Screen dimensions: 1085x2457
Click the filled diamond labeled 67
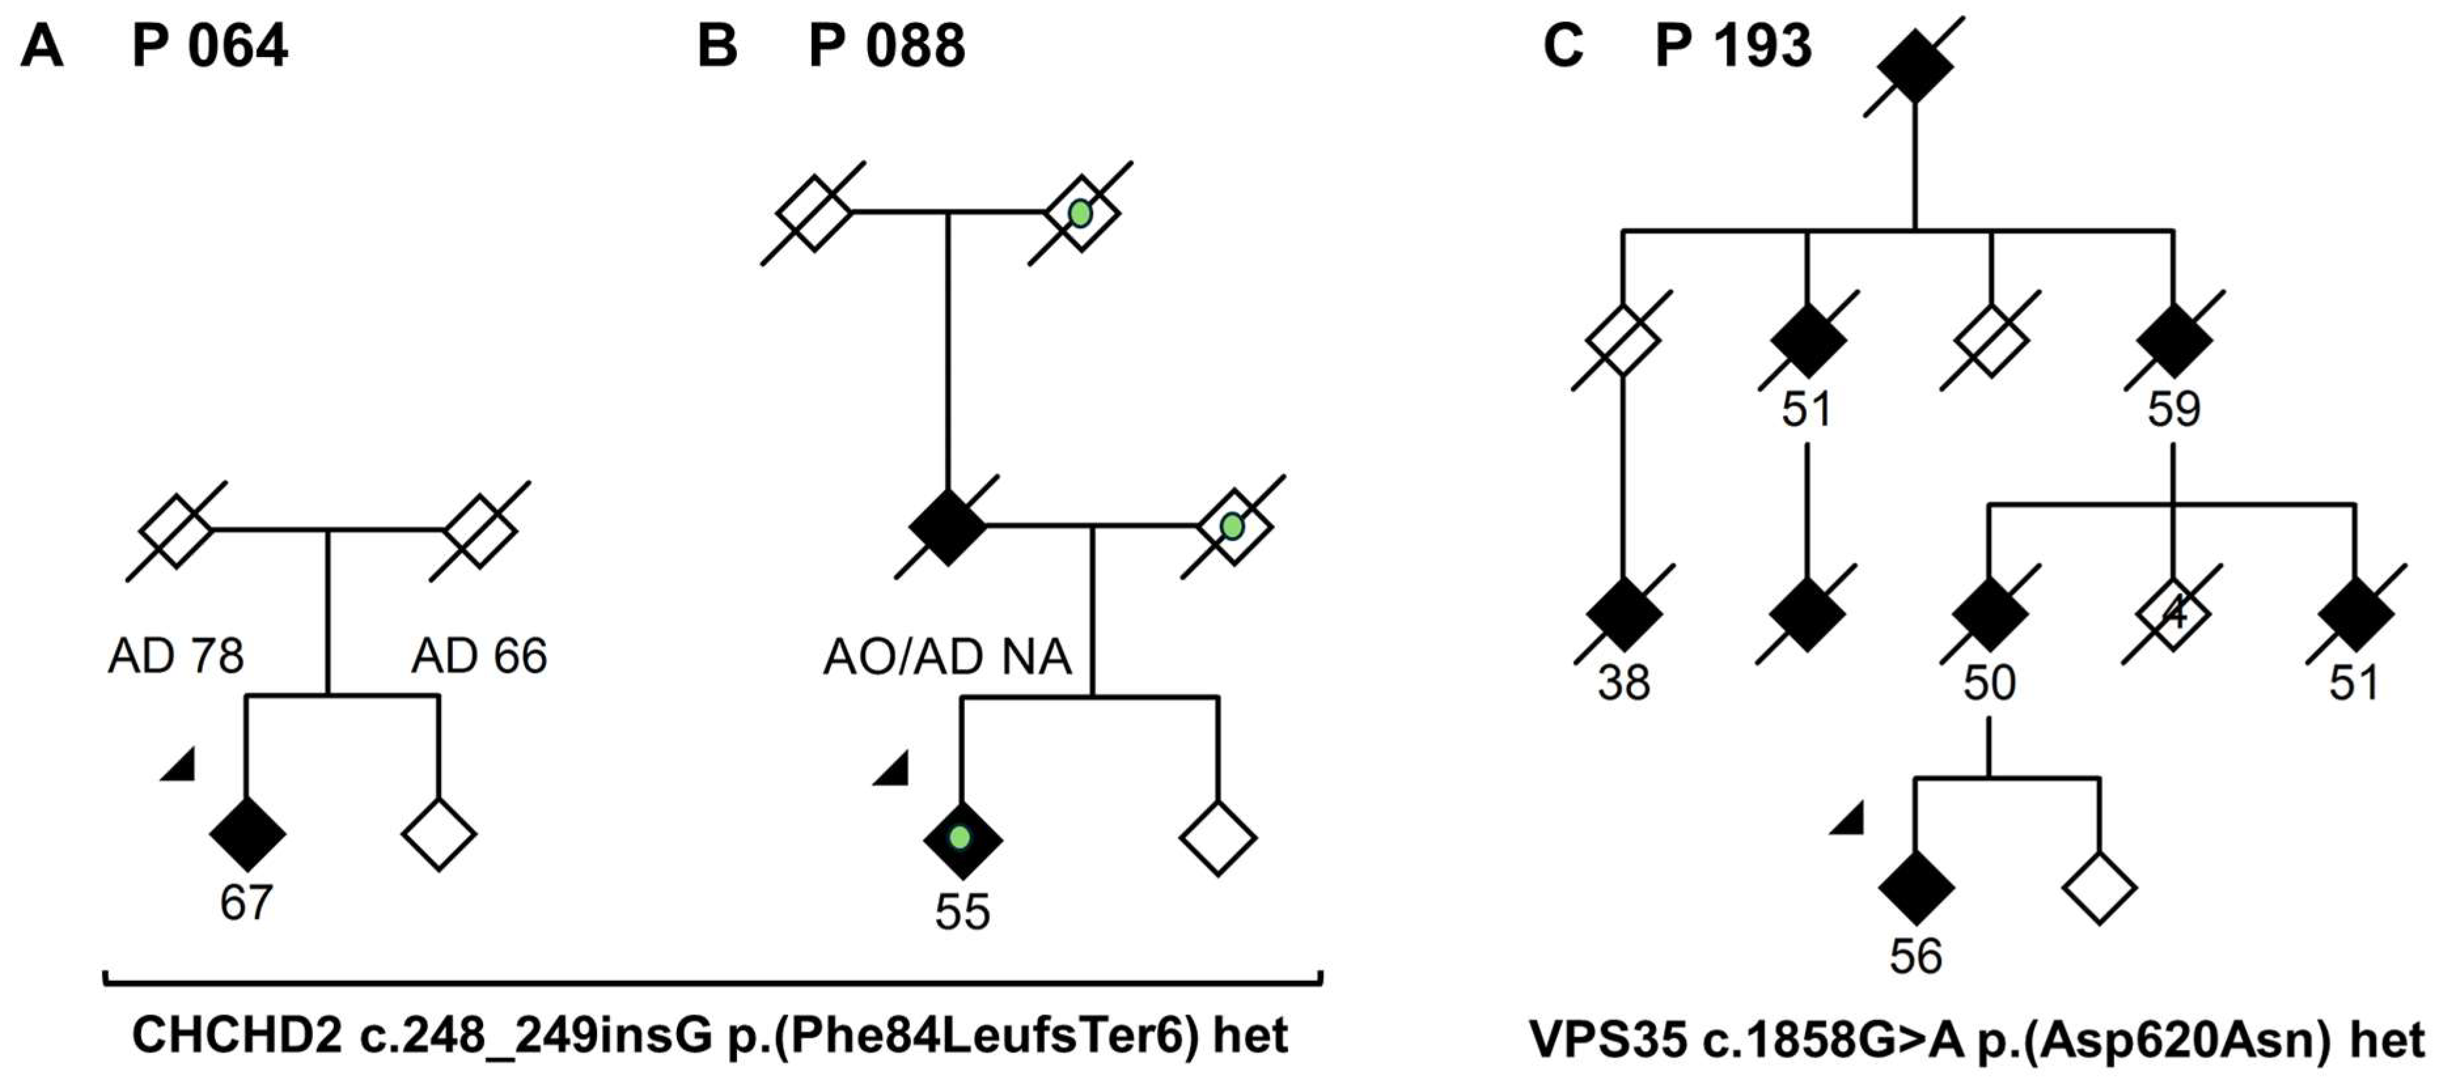(247, 833)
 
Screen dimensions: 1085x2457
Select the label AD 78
(175, 656)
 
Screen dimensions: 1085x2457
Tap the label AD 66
(479, 656)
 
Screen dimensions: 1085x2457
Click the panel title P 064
(210, 46)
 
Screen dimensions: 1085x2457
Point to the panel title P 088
(886, 46)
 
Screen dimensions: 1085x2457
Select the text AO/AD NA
(947, 657)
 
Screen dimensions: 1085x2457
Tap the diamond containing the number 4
(2173, 614)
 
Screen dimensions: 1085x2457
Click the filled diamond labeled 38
(1623, 614)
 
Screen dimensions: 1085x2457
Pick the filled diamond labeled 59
(2174, 339)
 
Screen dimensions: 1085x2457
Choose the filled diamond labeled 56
(1915, 887)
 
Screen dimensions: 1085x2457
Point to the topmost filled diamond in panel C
(1915, 65)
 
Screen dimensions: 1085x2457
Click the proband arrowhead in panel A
(180, 766)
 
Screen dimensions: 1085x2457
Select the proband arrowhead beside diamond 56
(1848, 819)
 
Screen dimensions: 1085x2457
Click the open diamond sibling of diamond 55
(1218, 838)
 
